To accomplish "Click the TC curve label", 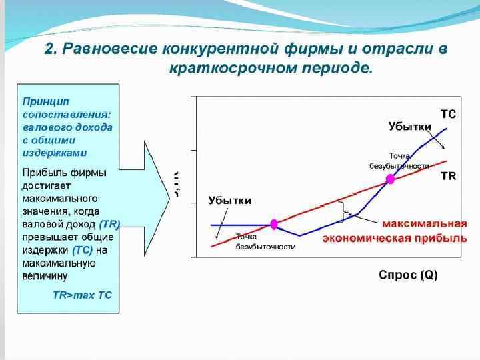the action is (x=448, y=114).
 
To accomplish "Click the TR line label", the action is (x=448, y=176).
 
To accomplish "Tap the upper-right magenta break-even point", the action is (x=391, y=179).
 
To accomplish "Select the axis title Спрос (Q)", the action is (x=408, y=275).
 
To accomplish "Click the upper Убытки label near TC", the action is (x=410, y=126).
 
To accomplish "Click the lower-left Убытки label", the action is (x=229, y=201).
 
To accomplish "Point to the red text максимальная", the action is (x=424, y=225).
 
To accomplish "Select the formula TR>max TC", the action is (x=82, y=294).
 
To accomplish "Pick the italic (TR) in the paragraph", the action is (x=109, y=225).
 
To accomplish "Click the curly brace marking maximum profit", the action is (x=343, y=212).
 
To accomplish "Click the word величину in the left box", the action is (x=45, y=275).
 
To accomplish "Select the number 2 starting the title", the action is (x=49, y=50).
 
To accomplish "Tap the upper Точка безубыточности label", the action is (x=399, y=161).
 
